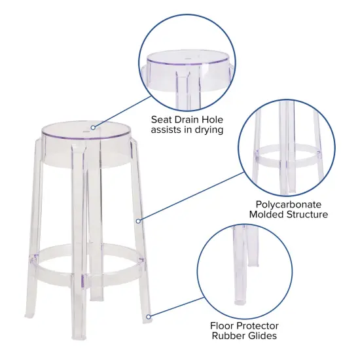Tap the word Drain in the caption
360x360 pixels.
(190, 119)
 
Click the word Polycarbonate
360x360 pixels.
(289, 204)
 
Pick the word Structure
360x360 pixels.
(308, 215)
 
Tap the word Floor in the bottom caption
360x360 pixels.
(225, 325)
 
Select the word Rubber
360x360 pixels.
(230, 336)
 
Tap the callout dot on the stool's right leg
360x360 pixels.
(138, 221)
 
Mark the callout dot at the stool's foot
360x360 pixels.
(149, 317)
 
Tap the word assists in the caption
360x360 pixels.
(169, 130)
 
